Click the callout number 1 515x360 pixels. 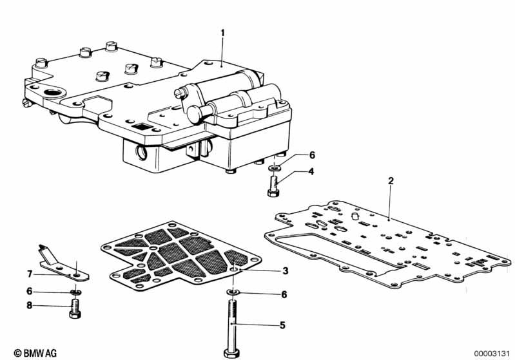point(222,33)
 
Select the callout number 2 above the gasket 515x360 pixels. point(391,181)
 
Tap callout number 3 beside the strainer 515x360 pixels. point(285,270)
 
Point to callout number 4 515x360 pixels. point(311,171)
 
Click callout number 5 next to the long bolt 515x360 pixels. point(282,325)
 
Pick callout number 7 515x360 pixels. point(30,273)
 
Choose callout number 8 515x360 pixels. point(30,305)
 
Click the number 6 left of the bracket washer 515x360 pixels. point(30,291)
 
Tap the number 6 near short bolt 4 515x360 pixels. point(312,155)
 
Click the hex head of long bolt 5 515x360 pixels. point(231,353)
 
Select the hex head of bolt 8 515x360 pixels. point(75,314)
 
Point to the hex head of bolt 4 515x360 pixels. point(273,193)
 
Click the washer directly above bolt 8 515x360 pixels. point(76,292)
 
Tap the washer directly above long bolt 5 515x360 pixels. point(233,292)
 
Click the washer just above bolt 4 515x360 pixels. point(273,168)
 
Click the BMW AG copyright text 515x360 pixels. point(35,353)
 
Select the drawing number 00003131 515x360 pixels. point(491,354)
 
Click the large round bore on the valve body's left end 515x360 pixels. point(53,93)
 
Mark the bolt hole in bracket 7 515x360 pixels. point(77,275)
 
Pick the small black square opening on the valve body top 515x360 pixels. point(142,126)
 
